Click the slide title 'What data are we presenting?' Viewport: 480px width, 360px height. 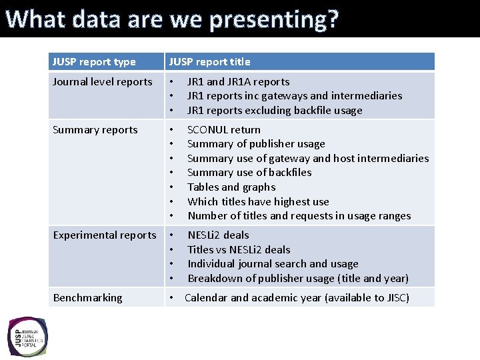click(172, 19)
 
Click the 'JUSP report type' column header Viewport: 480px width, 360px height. click(94, 62)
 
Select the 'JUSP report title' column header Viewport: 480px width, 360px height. click(209, 62)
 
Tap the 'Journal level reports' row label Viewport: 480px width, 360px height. click(103, 82)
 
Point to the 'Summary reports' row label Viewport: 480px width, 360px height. click(95, 130)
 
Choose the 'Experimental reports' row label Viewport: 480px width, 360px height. click(105, 235)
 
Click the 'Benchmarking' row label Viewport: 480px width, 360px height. click(88, 298)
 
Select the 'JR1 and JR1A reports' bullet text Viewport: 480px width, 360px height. click(238, 82)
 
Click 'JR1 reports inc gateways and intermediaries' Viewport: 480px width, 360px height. click(294, 96)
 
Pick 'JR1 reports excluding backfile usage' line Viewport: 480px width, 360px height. click(275, 111)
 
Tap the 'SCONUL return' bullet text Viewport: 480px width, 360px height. click(224, 130)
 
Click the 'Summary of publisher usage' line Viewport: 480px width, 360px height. click(256, 144)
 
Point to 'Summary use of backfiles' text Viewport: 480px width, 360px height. click(249, 173)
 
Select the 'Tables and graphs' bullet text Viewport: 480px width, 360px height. click(231, 187)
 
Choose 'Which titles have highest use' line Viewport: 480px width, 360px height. click(258, 202)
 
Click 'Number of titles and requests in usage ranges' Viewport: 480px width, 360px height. click(299, 216)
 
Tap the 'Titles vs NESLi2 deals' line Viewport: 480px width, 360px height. click(239, 250)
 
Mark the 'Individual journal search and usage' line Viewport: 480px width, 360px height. click(273, 264)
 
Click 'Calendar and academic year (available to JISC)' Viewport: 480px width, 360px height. click(297, 298)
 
